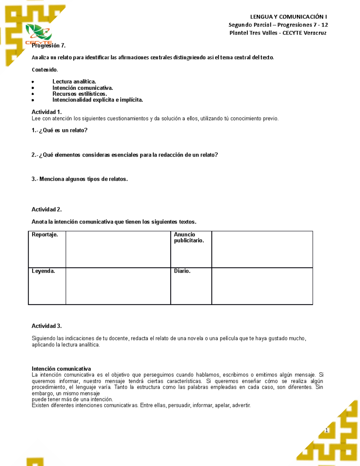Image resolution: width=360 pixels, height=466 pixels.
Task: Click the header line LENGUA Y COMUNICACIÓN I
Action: coord(288,17)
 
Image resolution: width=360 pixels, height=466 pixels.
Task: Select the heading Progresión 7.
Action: coord(49,46)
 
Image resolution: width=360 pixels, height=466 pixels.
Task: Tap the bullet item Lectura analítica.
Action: coord(74,82)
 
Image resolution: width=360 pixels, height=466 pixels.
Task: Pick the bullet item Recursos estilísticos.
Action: coord(79,94)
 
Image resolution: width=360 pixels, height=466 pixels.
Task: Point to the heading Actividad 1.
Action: coord(46,112)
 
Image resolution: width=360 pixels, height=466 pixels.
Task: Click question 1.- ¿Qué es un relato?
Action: coord(59,130)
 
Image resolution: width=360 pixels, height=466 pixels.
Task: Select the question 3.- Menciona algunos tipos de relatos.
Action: coord(79,179)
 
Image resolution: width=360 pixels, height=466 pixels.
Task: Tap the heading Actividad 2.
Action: coord(46,209)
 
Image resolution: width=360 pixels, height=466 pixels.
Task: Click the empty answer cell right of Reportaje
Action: coord(118,249)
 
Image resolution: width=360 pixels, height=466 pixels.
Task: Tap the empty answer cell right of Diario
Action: coord(262,286)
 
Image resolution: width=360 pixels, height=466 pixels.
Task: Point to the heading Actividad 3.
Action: coord(46,326)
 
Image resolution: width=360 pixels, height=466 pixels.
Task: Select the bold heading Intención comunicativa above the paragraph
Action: coord(61,369)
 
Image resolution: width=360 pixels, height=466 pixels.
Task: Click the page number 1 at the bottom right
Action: coord(326,431)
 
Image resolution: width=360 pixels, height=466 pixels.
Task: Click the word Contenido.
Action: coord(45,70)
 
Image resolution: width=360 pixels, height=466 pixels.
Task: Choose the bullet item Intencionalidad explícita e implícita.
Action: coord(97,100)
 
